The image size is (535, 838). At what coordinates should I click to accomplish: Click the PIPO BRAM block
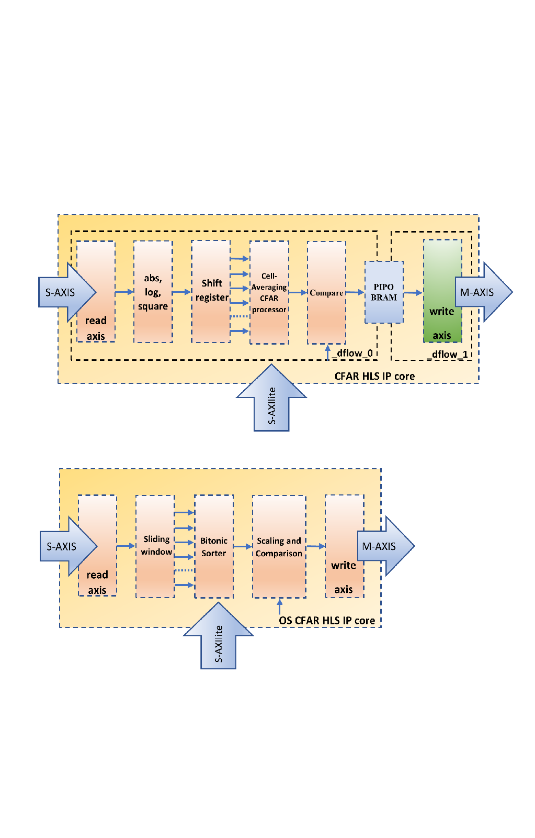point(384,292)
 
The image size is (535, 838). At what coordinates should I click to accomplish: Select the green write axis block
point(442,291)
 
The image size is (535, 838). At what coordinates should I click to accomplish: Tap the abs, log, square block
point(153,292)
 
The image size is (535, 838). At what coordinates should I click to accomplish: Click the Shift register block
point(211,291)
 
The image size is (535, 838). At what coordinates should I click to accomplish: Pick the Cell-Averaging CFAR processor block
point(269,292)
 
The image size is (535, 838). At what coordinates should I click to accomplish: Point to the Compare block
point(326,293)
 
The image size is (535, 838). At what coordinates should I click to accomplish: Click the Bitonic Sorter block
point(213,546)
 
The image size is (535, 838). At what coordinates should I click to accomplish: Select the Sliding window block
point(155,546)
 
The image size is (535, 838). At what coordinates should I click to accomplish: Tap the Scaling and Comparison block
point(279,546)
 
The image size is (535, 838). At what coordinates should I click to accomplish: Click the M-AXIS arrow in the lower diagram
point(385,546)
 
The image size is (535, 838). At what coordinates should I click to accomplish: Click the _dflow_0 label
point(354,353)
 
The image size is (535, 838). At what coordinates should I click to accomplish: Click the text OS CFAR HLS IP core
point(327,621)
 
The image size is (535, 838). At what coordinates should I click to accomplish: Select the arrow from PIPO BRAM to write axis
point(413,293)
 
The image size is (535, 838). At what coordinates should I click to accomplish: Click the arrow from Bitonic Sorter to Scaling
point(243,546)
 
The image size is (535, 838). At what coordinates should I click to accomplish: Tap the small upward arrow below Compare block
point(328,352)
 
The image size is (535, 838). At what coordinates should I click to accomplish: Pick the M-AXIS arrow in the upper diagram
point(482,292)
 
